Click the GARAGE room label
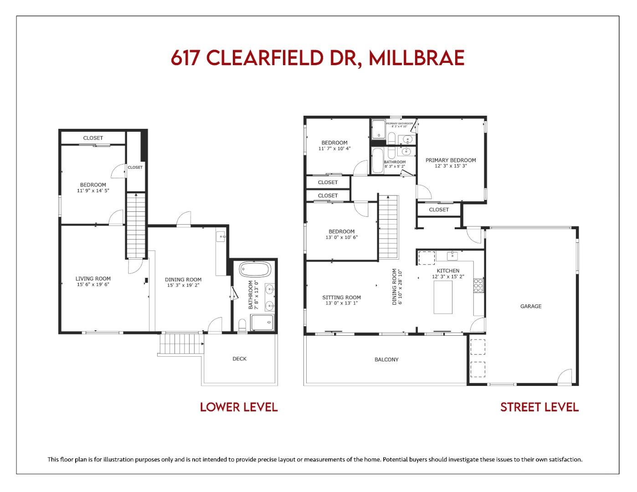pyautogui.click(x=531, y=307)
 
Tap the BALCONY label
pyautogui.click(x=386, y=360)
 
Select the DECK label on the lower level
pyautogui.click(x=239, y=359)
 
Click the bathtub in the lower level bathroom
pyautogui.click(x=255, y=269)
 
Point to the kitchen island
pyautogui.click(x=443, y=297)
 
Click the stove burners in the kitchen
pyautogui.click(x=478, y=286)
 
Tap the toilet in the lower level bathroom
pyautogui.click(x=242, y=325)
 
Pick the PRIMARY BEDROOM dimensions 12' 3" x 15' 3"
pyautogui.click(x=450, y=166)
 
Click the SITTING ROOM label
pyautogui.click(x=341, y=297)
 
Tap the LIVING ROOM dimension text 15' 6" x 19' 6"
pyautogui.click(x=93, y=285)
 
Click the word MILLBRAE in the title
pyautogui.click(x=416, y=58)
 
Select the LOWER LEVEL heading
pyautogui.click(x=239, y=407)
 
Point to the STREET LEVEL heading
pyautogui.click(x=539, y=407)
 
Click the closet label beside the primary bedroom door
pyautogui.click(x=439, y=210)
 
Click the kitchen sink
pyautogui.click(x=452, y=255)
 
